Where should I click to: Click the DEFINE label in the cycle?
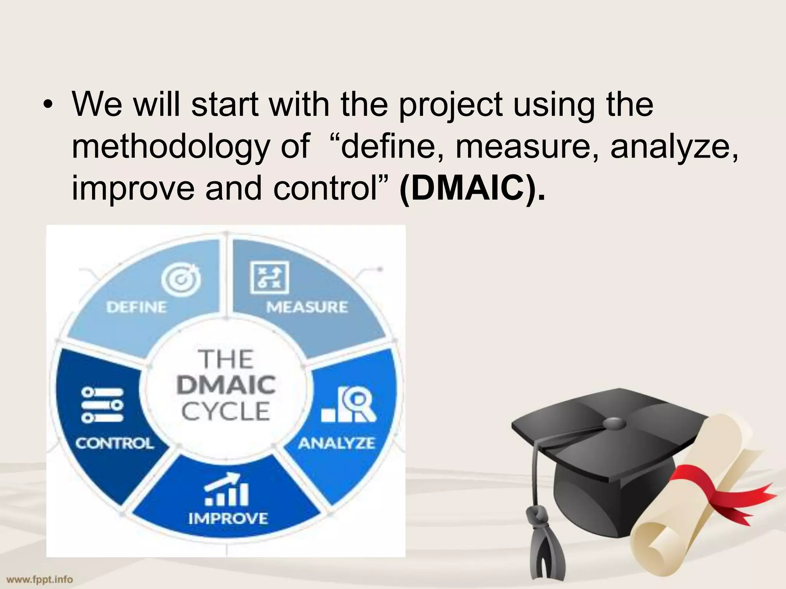137,307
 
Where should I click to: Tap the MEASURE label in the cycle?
307,307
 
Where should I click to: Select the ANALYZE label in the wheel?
337,443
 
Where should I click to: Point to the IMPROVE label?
228,518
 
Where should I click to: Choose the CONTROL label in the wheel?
114,443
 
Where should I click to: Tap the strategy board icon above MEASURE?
269,278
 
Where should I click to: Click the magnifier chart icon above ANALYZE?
349,405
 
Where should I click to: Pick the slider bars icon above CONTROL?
102,405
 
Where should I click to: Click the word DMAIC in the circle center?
226,385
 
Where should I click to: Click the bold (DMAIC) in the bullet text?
472,188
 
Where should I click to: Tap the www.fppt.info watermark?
40,579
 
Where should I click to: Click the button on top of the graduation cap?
614,423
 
